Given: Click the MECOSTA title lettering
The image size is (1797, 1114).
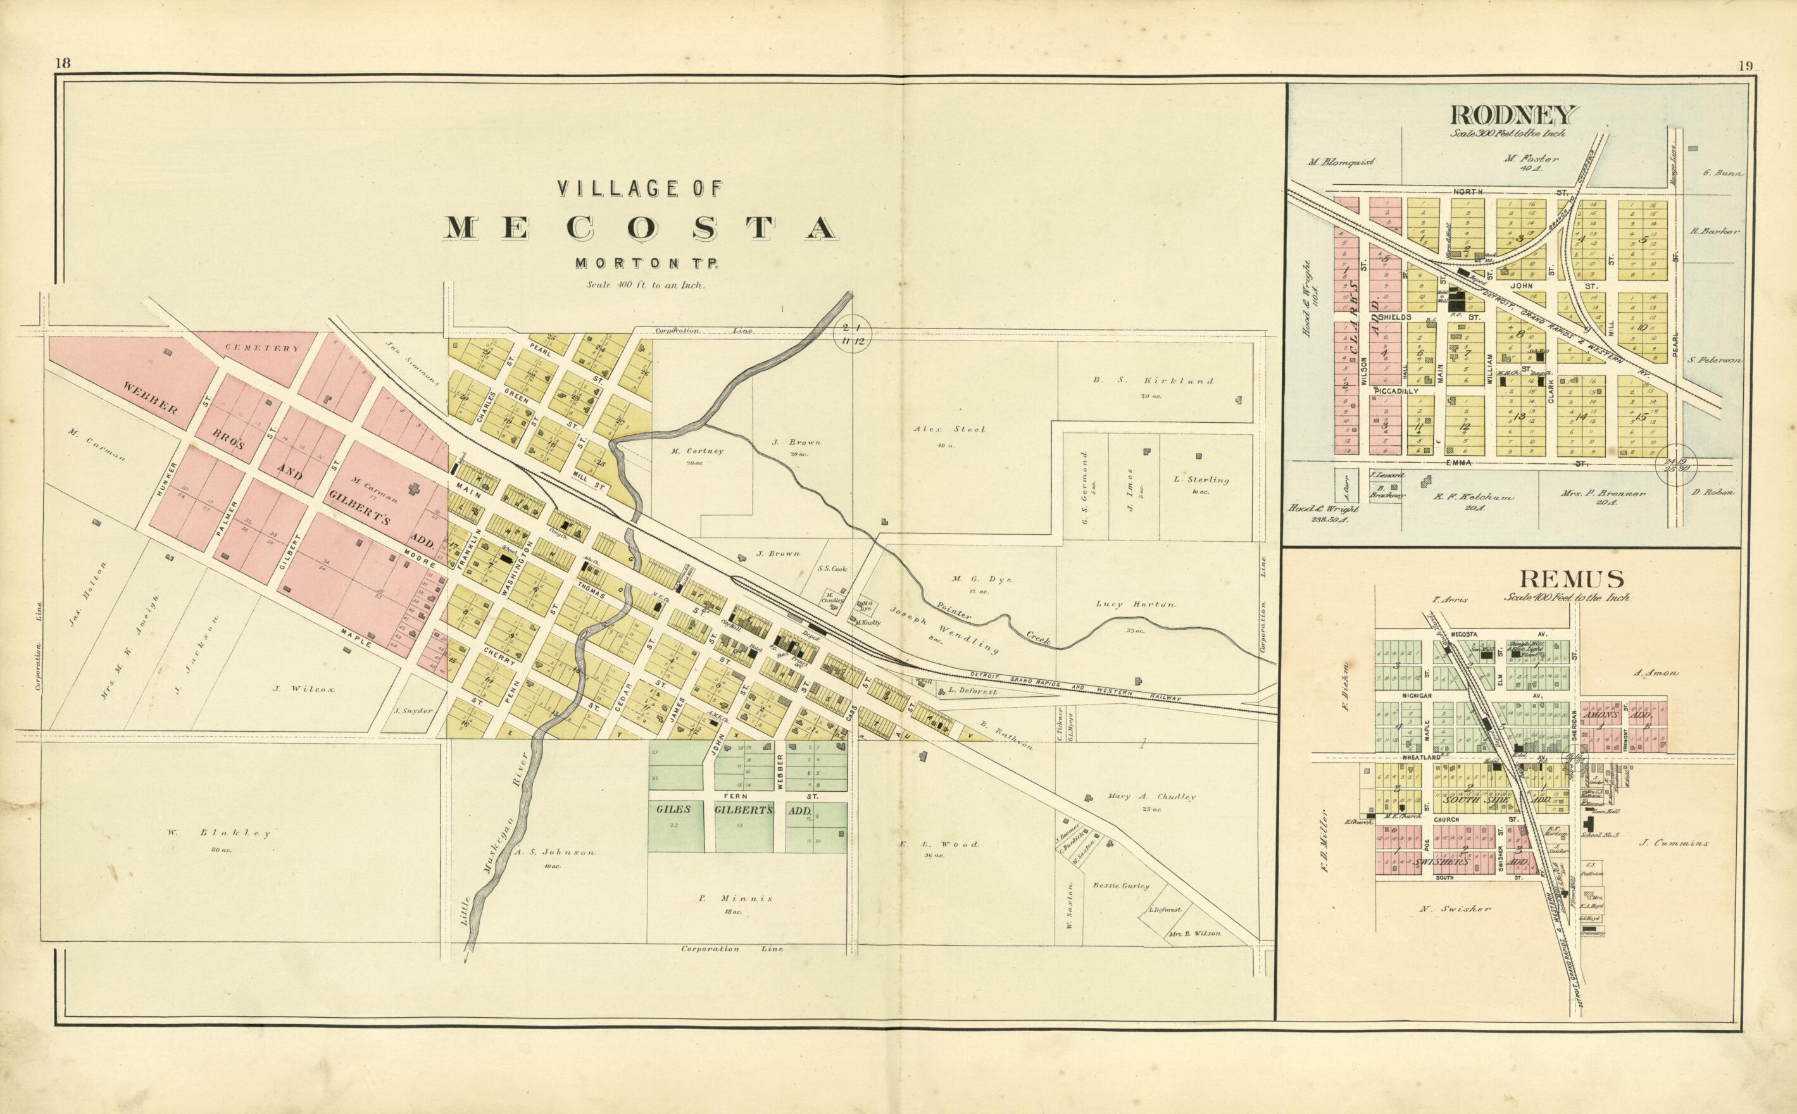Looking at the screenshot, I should (639, 228).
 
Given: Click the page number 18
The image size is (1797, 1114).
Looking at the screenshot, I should (62, 63).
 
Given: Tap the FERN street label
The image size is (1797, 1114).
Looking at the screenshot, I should (737, 797).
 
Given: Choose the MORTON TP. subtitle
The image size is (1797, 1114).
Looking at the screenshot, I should (637, 263).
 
